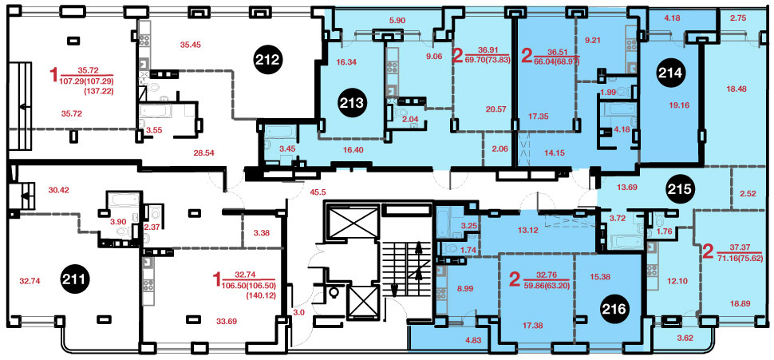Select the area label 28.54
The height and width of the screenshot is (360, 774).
coord(204,153)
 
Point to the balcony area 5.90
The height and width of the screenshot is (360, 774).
coord(397,21)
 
